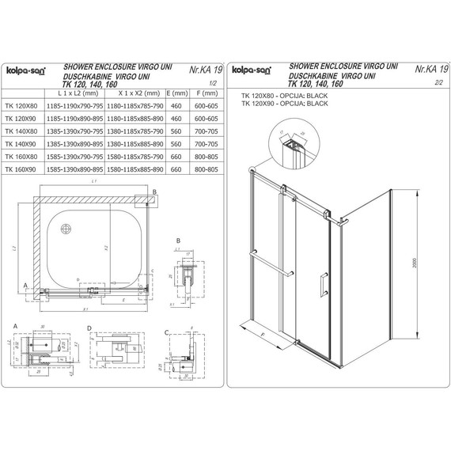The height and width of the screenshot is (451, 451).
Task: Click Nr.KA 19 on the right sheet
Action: coord(431,70)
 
